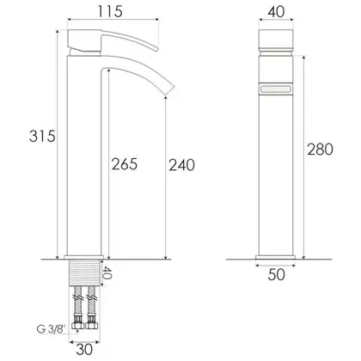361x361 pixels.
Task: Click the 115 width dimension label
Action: pyautogui.click(x=110, y=11)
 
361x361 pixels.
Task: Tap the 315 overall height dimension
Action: pyautogui.click(x=42, y=136)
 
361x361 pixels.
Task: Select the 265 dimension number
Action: pyautogui.click(x=125, y=164)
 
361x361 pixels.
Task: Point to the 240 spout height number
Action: pyautogui.click(x=181, y=165)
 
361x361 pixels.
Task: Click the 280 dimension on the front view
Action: pyautogui.click(x=320, y=150)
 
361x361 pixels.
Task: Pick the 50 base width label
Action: pyautogui.click(x=277, y=274)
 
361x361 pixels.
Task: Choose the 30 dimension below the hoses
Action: pyautogui.click(x=84, y=349)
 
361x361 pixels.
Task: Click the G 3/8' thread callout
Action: pyautogui.click(x=52, y=329)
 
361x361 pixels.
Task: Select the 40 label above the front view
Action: pyautogui.click(x=276, y=12)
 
